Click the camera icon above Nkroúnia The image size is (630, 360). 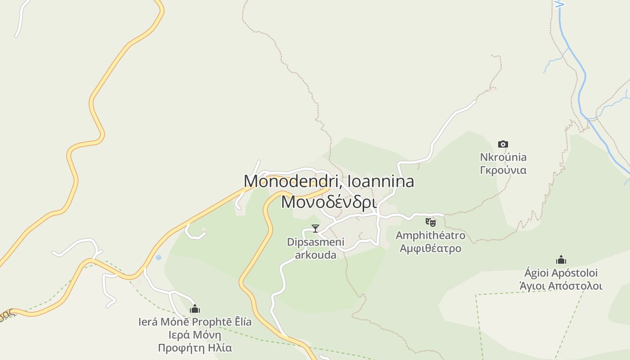tap(503, 144)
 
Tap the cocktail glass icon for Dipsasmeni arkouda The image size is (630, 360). tap(315, 229)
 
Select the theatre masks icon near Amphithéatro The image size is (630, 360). tap(431, 222)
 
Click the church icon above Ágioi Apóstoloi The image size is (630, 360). tap(561, 260)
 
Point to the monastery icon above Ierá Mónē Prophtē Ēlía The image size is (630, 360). tap(195, 309)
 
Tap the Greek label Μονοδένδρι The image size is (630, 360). tap(328, 202)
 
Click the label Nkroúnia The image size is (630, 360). tap(503, 157)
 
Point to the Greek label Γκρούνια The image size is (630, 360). tap(503, 171)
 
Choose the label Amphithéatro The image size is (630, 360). tap(430, 235)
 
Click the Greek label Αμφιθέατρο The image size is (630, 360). tap(430, 248)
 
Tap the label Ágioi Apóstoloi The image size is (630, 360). tap(561, 273)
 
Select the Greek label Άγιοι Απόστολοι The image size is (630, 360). tap(561, 286)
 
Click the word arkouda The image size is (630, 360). tap(315, 255)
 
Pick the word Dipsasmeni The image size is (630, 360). tap(315, 242)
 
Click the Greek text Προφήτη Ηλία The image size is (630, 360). tap(195, 348)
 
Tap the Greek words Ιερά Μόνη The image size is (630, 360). tap(195, 335)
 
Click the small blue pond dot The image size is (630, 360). tap(158, 257)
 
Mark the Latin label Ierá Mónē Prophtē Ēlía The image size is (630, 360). tap(195, 322)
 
